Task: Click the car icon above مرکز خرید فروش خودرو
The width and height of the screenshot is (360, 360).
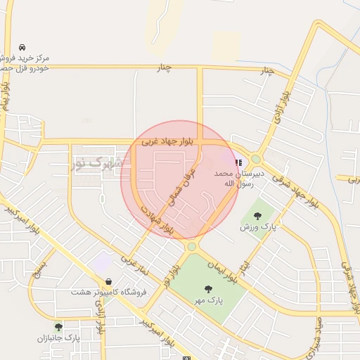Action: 24,44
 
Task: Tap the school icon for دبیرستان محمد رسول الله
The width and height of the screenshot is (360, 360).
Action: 239,163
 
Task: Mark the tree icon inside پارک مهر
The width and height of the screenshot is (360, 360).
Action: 208,289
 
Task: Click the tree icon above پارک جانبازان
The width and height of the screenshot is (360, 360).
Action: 58,327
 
